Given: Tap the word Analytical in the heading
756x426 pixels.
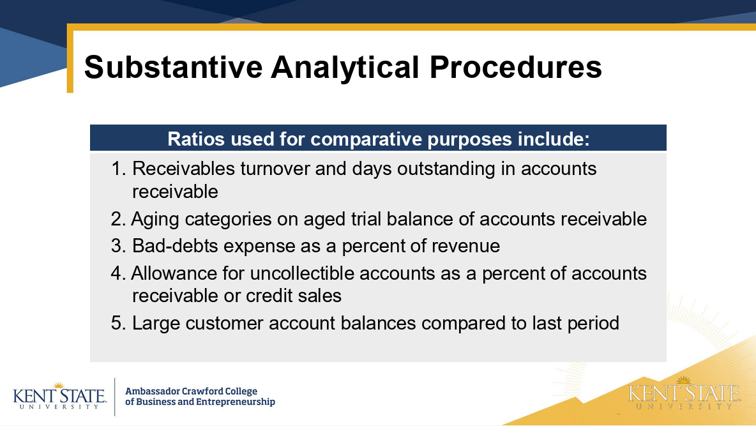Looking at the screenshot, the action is point(345,68).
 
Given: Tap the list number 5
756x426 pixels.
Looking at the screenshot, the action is point(117,323).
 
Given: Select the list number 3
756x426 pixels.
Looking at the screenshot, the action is point(117,246).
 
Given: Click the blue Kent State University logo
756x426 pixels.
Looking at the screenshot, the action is point(60,395).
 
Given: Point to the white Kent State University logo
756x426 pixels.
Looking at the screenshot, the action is point(684,393).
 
